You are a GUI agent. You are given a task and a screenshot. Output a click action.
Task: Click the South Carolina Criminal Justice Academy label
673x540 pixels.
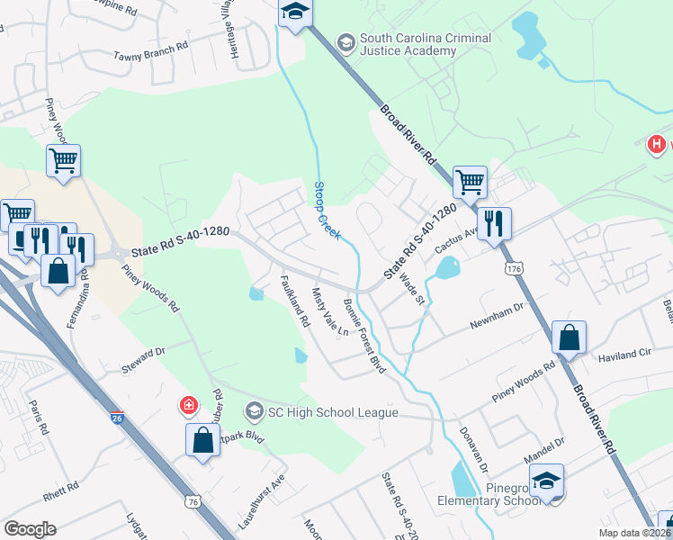point(426,44)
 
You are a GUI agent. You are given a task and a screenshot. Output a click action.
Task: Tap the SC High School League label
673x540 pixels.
point(333,412)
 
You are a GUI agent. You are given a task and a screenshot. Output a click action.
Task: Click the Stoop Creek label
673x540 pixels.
point(326,210)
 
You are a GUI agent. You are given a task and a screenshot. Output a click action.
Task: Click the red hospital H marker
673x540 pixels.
point(658,144)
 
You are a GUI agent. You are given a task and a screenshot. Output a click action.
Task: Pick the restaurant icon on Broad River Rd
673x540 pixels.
point(494,223)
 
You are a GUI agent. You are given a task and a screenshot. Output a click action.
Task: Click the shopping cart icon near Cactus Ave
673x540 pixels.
point(470,183)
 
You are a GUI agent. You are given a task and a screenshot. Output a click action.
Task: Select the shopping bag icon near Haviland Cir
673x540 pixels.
point(569,338)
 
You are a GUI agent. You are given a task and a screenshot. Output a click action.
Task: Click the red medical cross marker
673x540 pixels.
point(189,405)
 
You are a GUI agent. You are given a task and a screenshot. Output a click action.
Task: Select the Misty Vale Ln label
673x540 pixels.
point(329,311)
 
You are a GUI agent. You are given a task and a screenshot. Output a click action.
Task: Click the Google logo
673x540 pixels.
point(31,528)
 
